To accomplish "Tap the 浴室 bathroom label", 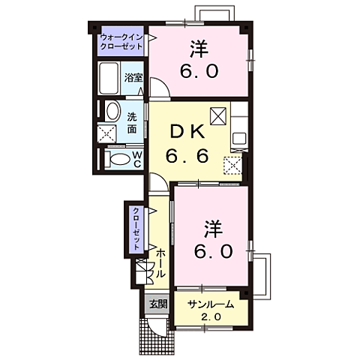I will pos(133,77).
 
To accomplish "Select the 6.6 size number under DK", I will pos(190,159).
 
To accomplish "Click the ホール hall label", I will pos(160,263).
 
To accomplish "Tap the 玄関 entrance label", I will pos(157,304).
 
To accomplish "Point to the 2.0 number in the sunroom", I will pos(210,317).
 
